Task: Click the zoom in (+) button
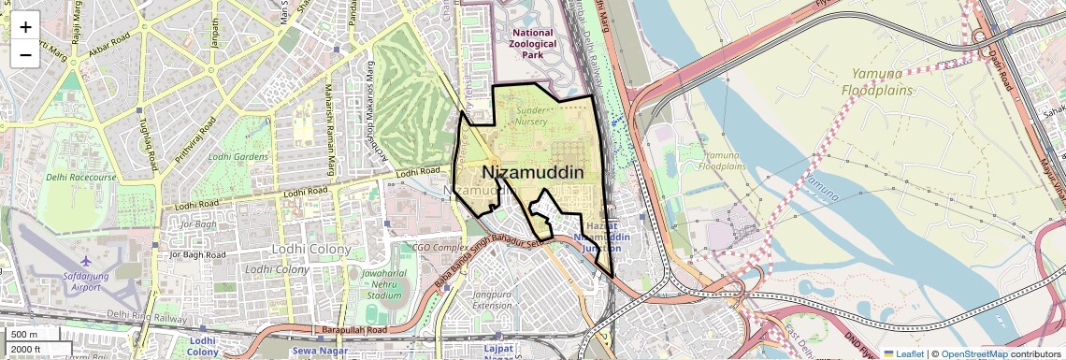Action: (25, 27)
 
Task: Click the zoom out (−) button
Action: (25, 54)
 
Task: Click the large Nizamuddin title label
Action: (533, 173)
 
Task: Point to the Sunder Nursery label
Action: (531, 116)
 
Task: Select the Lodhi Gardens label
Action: (238, 157)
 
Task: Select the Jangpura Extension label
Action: (492, 300)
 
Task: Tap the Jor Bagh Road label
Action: (197, 254)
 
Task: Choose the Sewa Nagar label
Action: (294, 352)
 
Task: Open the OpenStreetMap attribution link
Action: (973, 353)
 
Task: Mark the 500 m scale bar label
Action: (24, 335)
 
